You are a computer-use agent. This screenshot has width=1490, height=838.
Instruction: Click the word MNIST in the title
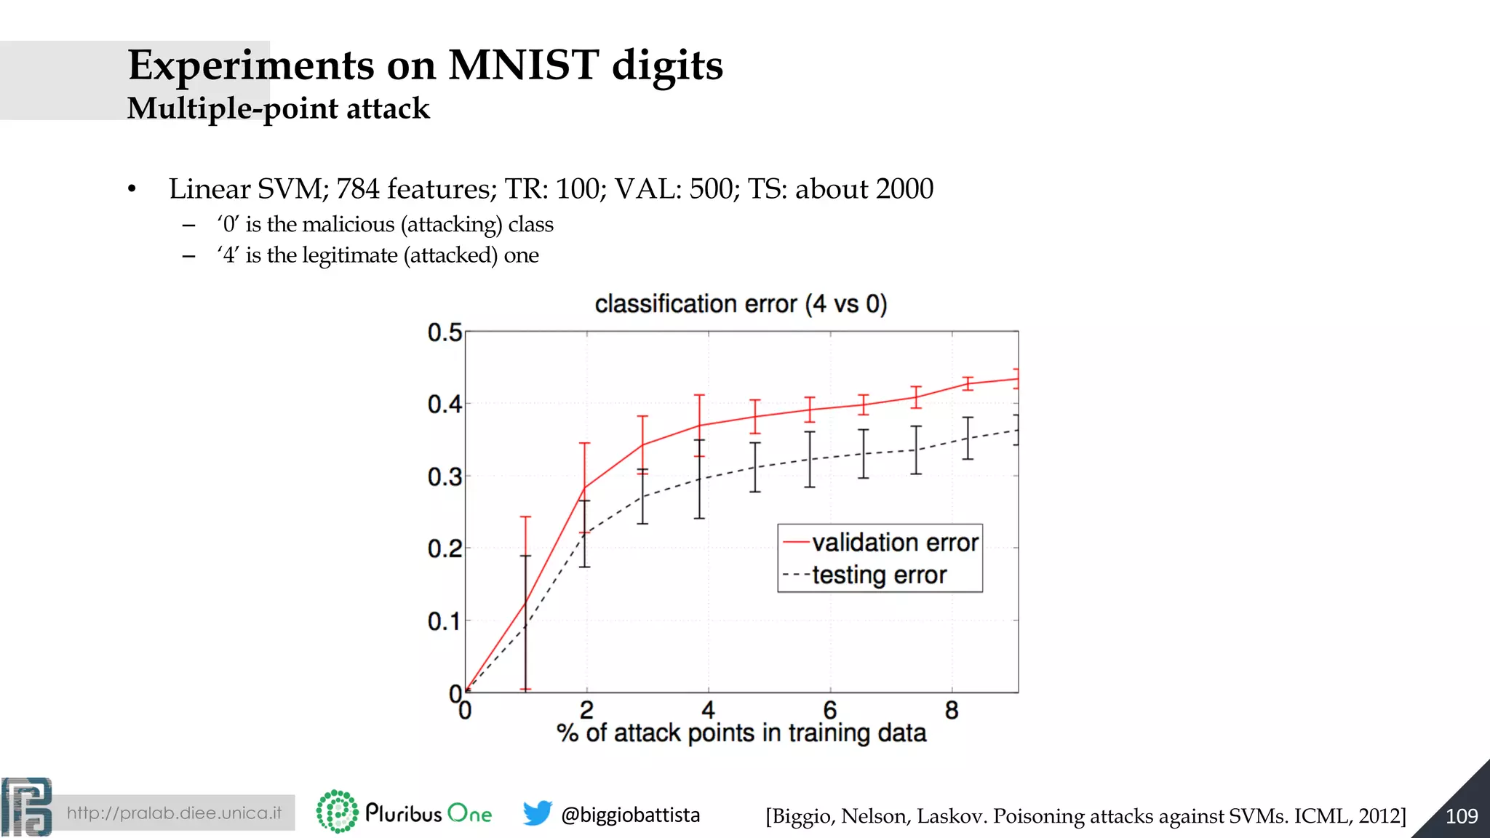[523, 65]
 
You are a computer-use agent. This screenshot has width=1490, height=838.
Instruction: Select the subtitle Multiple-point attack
[278, 108]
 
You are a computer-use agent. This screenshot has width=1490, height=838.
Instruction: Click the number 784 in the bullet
[357, 189]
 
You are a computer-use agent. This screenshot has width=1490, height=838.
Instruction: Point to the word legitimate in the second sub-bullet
[349, 255]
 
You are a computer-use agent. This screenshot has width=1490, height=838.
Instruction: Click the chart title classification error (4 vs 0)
[741, 303]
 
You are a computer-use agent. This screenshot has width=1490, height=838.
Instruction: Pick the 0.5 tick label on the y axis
[445, 333]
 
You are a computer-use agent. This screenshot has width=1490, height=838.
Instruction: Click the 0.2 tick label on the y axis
[445, 548]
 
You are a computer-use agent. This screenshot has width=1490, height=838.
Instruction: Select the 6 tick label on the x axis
[830, 710]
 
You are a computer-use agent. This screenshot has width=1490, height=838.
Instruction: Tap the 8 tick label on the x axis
[952, 710]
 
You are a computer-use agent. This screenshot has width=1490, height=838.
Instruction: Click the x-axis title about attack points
[741, 733]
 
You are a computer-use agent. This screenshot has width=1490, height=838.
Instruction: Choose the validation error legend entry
[894, 543]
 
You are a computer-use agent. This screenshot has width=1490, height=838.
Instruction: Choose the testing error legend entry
[879, 575]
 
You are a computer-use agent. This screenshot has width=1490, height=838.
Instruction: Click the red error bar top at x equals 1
[525, 517]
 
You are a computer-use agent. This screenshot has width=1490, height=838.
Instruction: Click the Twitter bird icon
[537, 813]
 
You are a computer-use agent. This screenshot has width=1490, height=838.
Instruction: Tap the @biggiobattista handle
[630, 815]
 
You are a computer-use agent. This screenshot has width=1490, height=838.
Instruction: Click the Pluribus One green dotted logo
[337, 812]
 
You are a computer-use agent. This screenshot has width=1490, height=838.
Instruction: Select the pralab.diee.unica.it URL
[174, 813]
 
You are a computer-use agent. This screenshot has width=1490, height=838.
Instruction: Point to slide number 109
[1461, 816]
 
